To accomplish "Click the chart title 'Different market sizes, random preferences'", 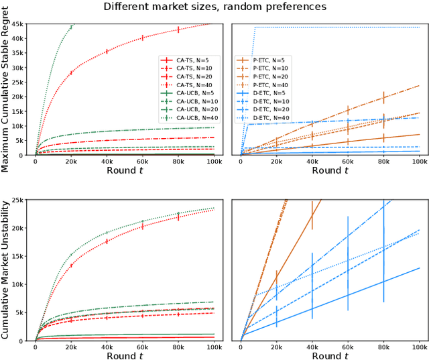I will point(214,7).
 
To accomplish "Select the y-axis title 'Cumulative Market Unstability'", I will point(6,268).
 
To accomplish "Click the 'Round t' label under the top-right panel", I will point(330,170).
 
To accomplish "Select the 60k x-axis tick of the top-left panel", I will point(142,162).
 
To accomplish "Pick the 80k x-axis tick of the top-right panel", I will point(383,162).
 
